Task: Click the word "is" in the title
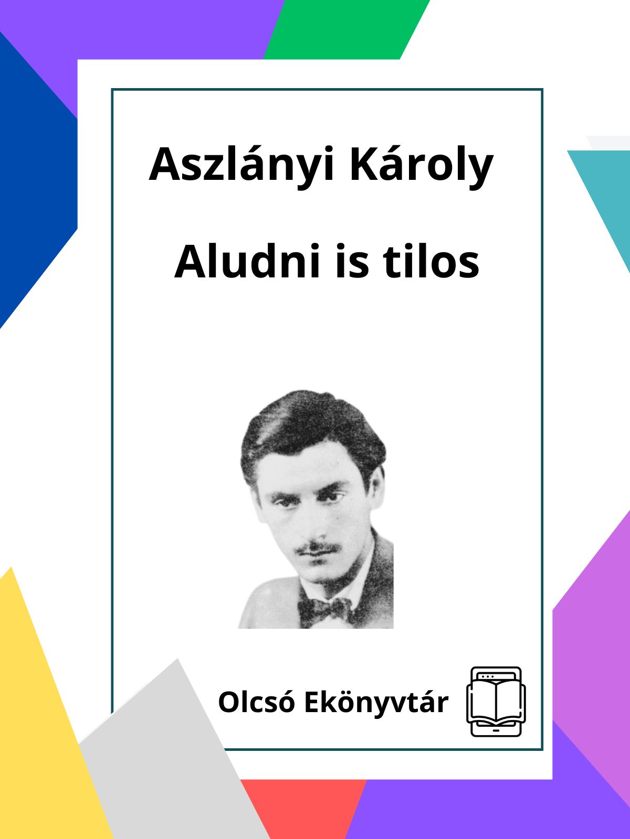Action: (352, 262)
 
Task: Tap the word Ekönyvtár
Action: (376, 703)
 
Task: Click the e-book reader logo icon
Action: (496, 701)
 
